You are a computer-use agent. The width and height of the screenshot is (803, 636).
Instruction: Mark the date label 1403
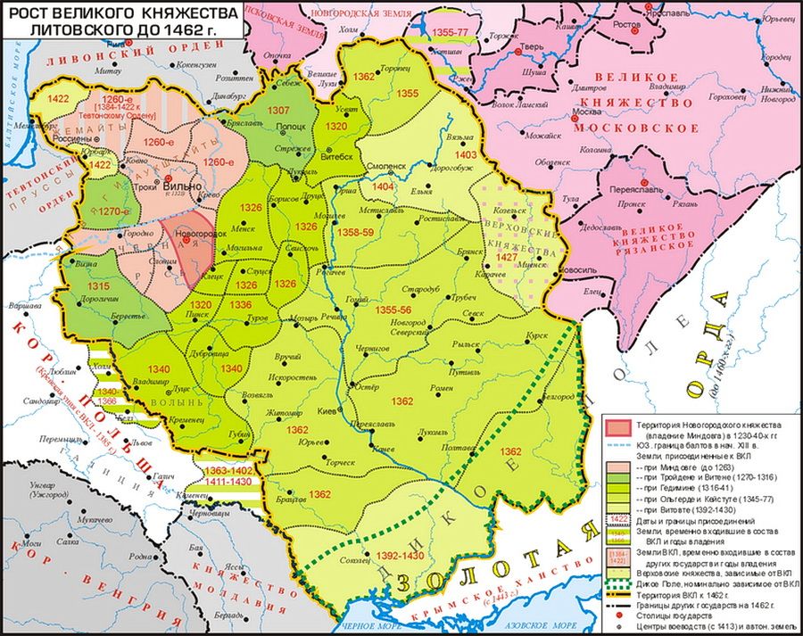click(466, 155)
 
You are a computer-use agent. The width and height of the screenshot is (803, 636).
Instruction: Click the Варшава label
click(18, 305)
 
